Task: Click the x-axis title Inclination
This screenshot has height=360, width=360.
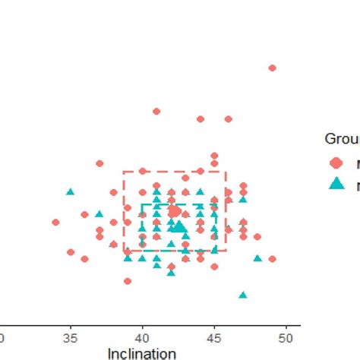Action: pos(142,353)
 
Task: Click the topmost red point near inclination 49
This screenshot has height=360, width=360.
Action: pos(272,68)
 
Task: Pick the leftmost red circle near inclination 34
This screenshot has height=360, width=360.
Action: pos(55,223)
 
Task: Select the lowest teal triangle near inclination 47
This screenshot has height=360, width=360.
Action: pos(243,295)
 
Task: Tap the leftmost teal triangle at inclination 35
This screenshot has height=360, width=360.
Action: pos(70,192)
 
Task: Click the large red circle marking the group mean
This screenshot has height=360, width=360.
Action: pos(174,211)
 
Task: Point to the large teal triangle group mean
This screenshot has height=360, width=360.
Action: pos(179,226)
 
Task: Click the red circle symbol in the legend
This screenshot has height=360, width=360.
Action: pos(335,163)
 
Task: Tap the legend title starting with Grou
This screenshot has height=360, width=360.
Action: pos(342,138)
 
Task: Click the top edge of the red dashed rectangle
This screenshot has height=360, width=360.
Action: pos(175,172)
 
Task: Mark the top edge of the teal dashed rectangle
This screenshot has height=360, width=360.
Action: pos(179,205)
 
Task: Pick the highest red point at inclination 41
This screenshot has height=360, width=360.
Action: pos(156,111)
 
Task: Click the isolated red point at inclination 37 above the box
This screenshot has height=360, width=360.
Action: pos(99,163)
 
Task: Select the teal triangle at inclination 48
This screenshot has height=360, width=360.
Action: pos(257,258)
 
